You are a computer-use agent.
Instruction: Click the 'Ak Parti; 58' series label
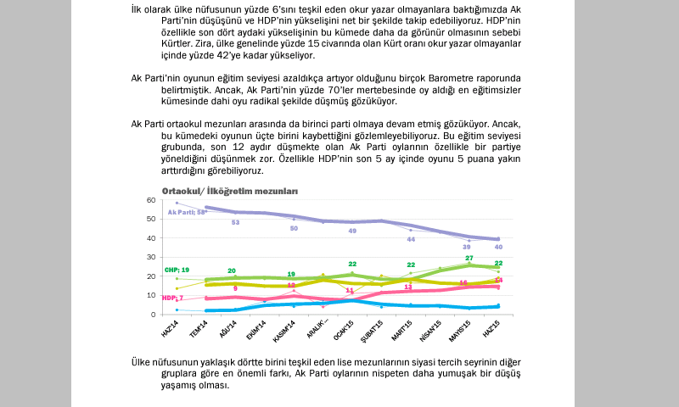188,212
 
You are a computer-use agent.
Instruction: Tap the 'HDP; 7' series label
172,298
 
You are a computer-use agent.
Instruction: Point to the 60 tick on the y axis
151,200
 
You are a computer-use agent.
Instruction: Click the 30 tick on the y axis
151,257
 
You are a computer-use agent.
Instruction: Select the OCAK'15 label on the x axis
342,329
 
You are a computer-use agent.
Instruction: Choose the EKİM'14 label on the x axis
257,329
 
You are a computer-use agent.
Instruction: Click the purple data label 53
235,222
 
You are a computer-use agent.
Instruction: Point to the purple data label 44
411,239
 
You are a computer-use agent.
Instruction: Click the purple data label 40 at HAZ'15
498,247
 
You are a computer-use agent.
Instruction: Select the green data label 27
469,258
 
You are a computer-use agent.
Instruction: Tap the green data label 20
231,270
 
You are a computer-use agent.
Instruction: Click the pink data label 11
349,290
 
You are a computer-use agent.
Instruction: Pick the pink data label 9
235,289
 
